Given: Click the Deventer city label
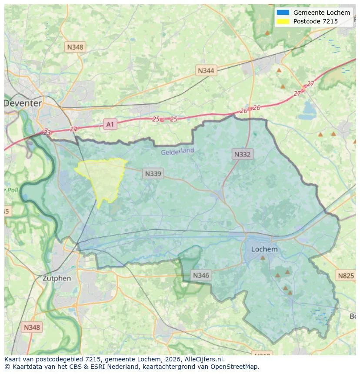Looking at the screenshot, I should point(23,103).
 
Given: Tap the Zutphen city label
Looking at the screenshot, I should point(57,278).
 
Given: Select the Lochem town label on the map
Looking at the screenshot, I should point(264,249).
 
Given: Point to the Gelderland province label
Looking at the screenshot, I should point(177,152).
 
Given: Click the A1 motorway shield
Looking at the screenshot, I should point(110,125).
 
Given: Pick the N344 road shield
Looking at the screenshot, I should point(206,70).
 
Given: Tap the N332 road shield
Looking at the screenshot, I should point(242,154).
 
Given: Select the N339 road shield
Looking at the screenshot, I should point(153,174).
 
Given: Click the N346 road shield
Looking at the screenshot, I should point(201,275).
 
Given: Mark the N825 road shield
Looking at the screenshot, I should point(346,275).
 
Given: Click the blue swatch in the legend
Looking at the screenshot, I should point(283,13).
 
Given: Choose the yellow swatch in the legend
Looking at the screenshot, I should point(283,21).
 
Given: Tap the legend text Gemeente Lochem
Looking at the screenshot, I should point(321,13).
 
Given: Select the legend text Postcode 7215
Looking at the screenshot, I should point(315,21).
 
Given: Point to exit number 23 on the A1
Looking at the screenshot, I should point(47,132).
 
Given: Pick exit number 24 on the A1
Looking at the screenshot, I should point(73,129).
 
